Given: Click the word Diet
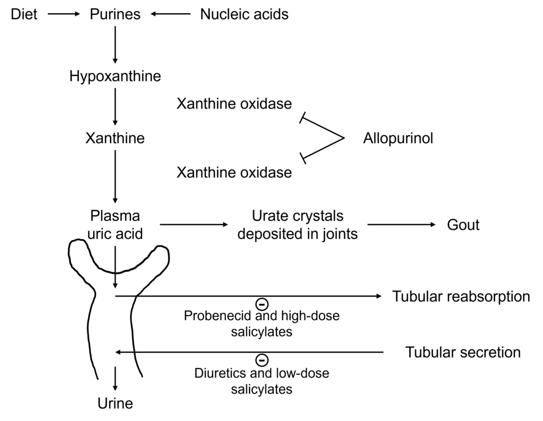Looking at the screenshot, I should click(x=24, y=14).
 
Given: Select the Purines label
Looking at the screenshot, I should click(x=115, y=14).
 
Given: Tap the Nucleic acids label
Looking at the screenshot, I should click(x=244, y=14).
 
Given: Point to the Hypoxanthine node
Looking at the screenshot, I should click(x=115, y=75).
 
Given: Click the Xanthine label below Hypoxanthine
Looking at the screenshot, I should click(x=115, y=138).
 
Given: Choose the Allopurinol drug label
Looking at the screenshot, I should click(x=398, y=138).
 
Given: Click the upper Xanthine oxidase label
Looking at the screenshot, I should click(x=234, y=103).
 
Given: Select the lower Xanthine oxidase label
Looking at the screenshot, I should click(x=234, y=172).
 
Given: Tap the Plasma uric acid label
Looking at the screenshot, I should click(x=115, y=224).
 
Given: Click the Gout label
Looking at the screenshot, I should click(x=463, y=225).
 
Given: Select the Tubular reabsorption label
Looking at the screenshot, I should click(x=461, y=296).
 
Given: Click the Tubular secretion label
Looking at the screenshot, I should click(x=463, y=352).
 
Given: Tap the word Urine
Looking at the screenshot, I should click(x=115, y=403).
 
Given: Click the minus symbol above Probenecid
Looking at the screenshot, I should click(x=262, y=303).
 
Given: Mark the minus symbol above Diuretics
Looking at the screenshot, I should click(x=262, y=360).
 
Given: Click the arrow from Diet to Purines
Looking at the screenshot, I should click(x=64, y=15).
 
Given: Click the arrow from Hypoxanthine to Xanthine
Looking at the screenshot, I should click(x=115, y=106).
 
